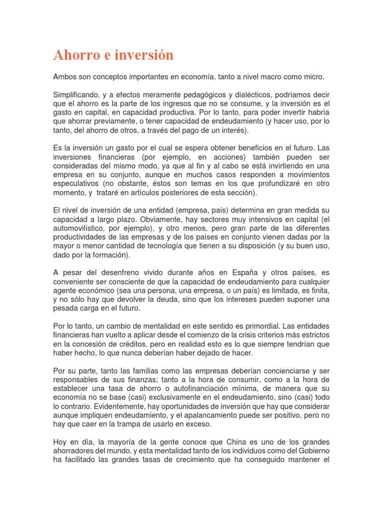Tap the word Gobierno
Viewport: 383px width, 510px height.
(x=312, y=452)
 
